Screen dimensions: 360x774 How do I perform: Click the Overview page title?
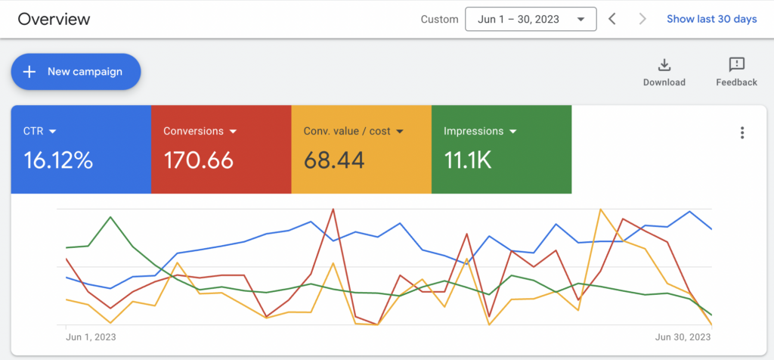(54, 19)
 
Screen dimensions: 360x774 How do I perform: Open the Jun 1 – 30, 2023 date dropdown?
(531, 19)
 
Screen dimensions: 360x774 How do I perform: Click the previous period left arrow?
(612, 19)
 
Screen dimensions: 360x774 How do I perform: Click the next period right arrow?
(642, 19)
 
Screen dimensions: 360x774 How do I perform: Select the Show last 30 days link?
(711, 19)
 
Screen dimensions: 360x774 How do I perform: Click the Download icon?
(664, 65)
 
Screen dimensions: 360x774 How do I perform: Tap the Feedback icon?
(736, 65)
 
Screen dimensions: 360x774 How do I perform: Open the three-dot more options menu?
(742, 133)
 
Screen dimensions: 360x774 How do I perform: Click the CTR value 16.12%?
(58, 160)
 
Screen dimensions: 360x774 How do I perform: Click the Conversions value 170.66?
(198, 160)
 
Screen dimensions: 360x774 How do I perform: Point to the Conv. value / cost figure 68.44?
(334, 160)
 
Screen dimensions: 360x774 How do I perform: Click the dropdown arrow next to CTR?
(53, 132)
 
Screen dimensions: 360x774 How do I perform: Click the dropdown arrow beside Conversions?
(234, 132)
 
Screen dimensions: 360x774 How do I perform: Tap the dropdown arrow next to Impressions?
(513, 132)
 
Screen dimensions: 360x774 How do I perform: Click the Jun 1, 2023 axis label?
(91, 337)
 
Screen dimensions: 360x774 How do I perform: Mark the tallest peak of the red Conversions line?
(333, 209)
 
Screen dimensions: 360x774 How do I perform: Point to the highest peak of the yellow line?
(600, 209)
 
